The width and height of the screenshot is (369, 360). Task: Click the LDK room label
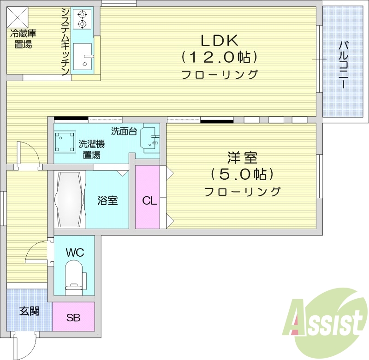[219, 41]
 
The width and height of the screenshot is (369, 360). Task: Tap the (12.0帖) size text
[219, 57]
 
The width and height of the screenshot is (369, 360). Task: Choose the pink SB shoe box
[73, 317]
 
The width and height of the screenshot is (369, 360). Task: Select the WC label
[74, 253]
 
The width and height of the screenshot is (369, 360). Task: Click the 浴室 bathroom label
[107, 201]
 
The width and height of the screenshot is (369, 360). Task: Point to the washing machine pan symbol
[65, 142]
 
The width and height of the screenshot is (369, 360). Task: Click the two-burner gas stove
[83, 19]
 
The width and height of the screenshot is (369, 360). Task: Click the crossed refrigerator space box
[18, 18]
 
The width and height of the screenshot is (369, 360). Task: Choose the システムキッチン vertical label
[65, 41]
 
